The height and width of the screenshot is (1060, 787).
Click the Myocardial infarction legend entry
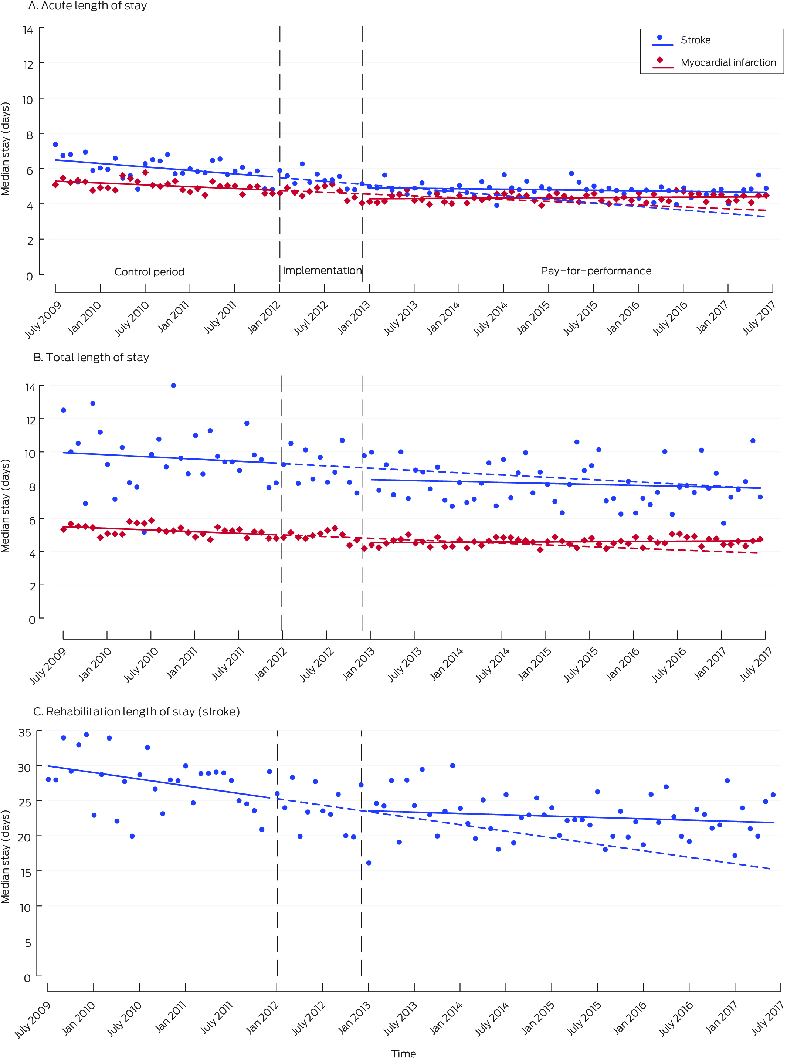(727, 62)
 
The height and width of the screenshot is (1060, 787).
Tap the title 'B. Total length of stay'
(91, 357)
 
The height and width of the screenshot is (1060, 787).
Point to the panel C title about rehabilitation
(136, 711)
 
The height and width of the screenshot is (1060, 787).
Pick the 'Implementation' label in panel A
(322, 270)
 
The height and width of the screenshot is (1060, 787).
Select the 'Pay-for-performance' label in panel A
(596, 271)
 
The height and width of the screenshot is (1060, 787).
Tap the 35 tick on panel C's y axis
(25, 733)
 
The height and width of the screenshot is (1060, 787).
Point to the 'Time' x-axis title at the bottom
(404, 1053)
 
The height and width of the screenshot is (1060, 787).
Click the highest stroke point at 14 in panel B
(173, 385)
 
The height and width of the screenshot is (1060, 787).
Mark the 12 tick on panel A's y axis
(28, 65)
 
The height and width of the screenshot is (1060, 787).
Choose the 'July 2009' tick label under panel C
(33, 1019)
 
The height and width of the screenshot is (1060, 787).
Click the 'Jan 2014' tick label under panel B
(447, 664)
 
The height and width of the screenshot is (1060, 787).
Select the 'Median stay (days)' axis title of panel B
(5, 505)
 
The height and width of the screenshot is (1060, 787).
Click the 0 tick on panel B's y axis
(32, 620)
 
